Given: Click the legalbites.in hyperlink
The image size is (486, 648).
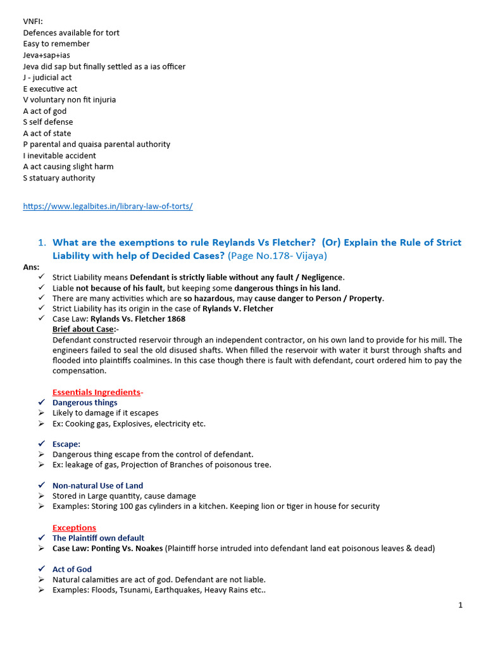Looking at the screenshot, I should coord(108,206).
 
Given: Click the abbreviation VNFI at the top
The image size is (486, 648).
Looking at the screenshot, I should coord(33,22).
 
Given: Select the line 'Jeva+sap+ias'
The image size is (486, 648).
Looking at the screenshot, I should coord(47,55).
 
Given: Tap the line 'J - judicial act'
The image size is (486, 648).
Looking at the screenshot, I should coord(47,78).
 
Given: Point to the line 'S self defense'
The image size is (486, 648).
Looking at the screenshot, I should coord(48,122).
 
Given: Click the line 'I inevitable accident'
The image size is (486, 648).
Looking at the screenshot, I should coord(59,156).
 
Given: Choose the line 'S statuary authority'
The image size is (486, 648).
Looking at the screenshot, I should coord(59,178).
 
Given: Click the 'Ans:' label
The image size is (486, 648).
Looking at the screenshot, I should coord(31,267).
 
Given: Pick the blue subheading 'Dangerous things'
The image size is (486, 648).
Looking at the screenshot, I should coord(85,402).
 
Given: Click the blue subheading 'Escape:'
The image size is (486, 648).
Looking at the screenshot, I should coord(66,444).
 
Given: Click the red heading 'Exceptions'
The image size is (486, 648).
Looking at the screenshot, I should coord(74,528).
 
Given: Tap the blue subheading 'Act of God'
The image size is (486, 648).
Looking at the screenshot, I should coord(72,570).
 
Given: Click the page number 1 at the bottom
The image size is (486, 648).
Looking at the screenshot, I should coord(460,606).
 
